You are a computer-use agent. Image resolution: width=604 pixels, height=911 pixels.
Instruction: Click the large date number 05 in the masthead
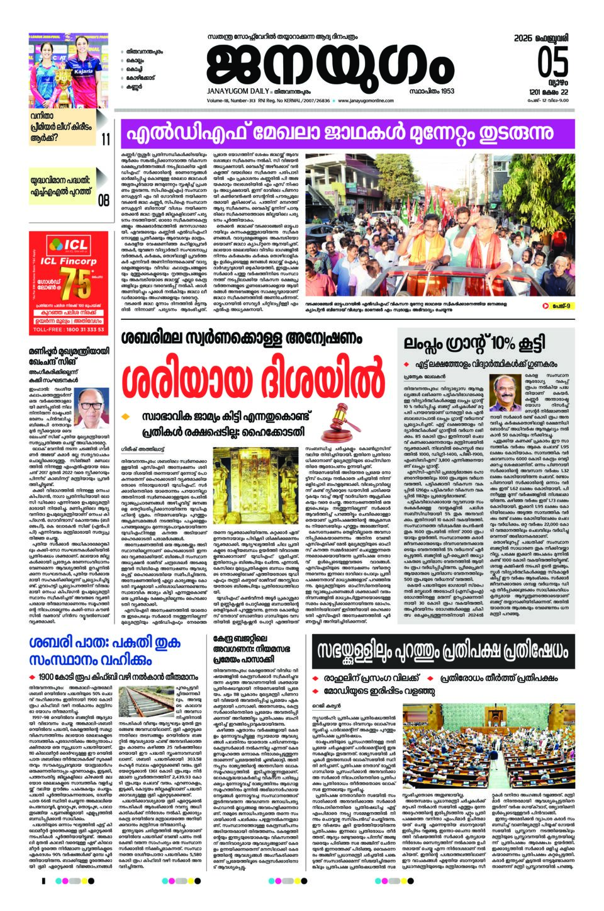pos(552,62)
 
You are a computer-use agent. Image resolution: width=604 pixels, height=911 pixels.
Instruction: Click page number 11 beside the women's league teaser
pos(104,138)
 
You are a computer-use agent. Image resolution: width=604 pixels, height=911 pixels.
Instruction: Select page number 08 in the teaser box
pos(103,200)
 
